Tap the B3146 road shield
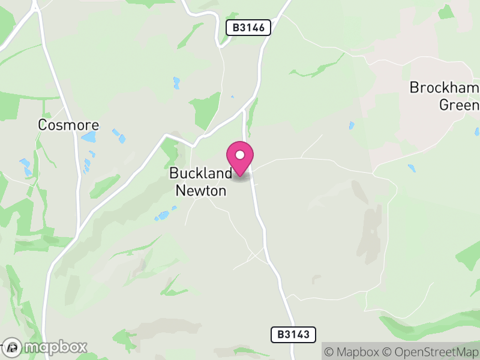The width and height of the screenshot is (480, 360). point(248,27)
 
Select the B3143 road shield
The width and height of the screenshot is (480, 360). point(293,334)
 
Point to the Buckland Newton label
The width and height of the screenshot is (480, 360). point(200,182)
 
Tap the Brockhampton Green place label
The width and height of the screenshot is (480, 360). point(444,96)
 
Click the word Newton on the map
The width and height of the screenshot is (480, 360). point(200,191)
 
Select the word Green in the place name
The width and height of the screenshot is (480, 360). point(459,105)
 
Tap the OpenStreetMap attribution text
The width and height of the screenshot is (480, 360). point(431,352)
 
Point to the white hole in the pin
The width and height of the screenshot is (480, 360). point(240,155)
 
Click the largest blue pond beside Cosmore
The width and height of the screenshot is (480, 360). point(89,137)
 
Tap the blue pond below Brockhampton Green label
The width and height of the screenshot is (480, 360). point(411,168)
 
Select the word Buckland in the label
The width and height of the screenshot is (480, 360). point(200,173)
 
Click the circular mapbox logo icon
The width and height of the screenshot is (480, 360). point(13,347)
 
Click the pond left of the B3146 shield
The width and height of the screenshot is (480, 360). point(176,83)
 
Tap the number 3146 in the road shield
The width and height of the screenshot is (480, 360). point(253,27)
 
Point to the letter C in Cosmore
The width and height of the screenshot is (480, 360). point(43,125)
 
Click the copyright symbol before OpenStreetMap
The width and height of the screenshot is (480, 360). point(387,352)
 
